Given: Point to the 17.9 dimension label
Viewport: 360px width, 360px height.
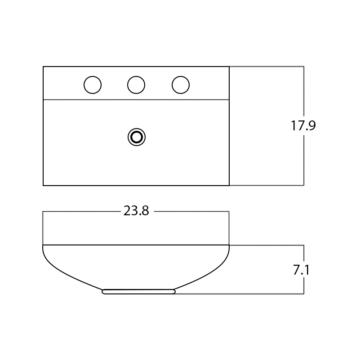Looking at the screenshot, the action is [303, 125].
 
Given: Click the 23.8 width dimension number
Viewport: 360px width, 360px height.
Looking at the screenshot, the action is [136, 210].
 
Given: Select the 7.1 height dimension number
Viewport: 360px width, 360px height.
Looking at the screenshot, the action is [301, 270].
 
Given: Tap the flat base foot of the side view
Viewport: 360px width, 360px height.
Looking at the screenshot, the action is [139, 292].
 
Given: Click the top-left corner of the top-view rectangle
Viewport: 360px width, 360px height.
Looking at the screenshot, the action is [43, 67].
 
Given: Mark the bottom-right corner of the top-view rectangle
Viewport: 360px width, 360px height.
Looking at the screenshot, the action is [229, 185].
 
